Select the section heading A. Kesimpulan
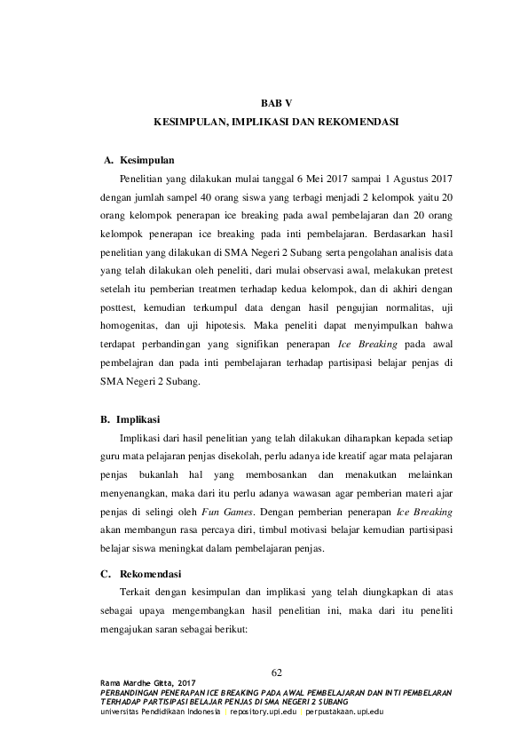click(x=139, y=161)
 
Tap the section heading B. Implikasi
click(x=137, y=418)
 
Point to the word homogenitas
click(x=126, y=325)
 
